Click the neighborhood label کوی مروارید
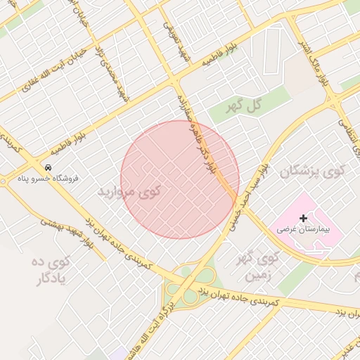pyautogui.click(x=130, y=191)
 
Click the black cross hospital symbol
pyautogui.click(x=303, y=219)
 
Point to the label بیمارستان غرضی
pyautogui.click(x=303, y=229)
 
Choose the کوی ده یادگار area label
pyautogui.click(x=53, y=271)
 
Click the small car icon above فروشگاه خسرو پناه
pyautogui.click(x=48, y=167)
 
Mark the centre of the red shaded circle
pyautogui.click(x=180, y=180)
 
